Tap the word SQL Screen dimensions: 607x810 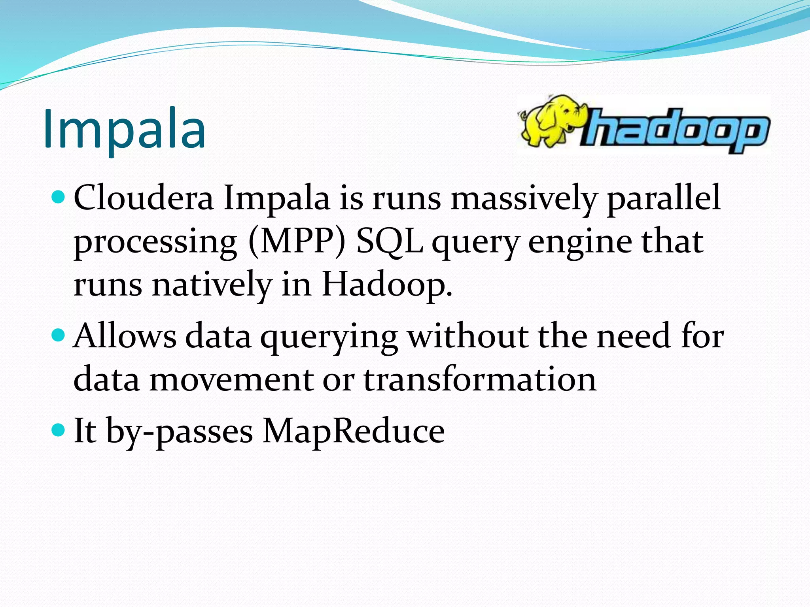390,242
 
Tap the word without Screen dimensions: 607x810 468,336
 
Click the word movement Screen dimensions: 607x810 231,379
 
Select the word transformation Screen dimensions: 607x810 479,379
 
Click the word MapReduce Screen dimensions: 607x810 354,431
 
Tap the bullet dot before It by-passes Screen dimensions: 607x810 58,430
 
